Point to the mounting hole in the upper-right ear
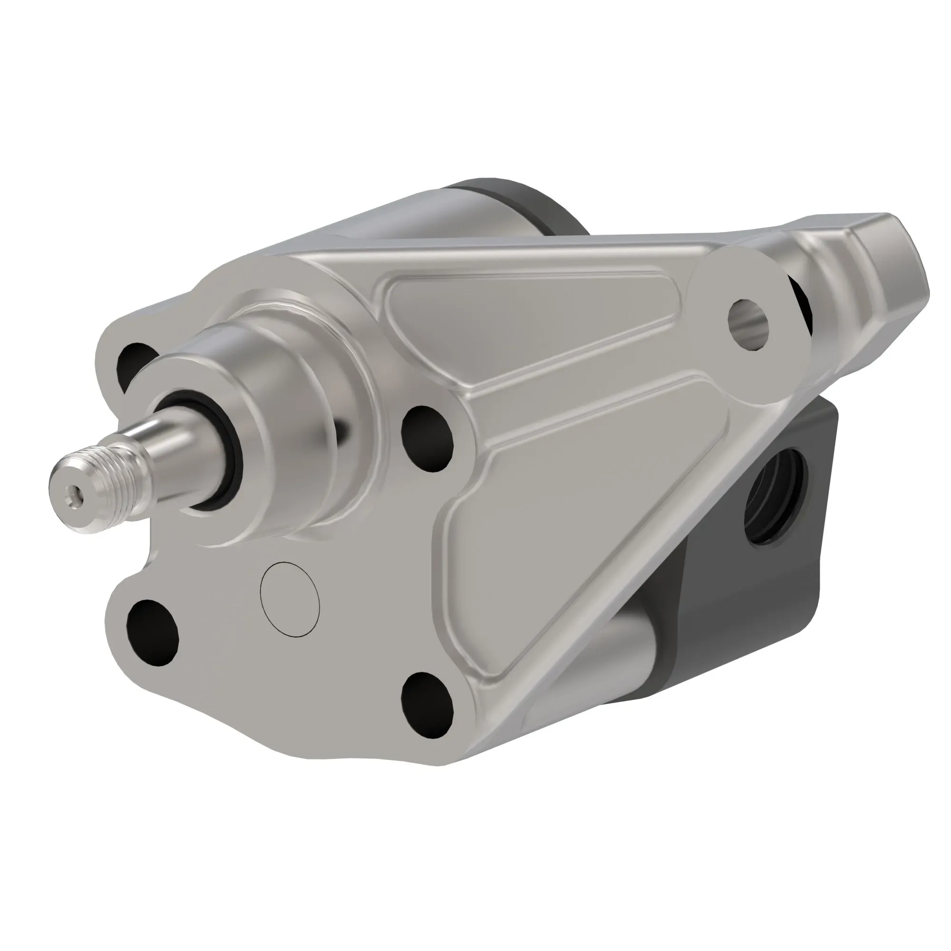click(747, 324)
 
